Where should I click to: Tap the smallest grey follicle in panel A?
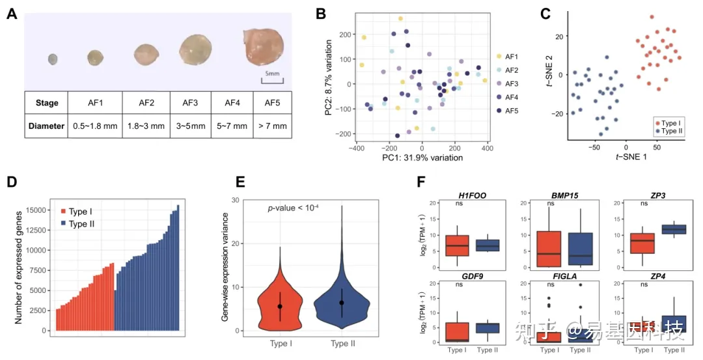point(53,60)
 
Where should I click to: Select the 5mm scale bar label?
point(271,74)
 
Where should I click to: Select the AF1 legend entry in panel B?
point(509,57)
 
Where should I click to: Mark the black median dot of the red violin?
point(280,306)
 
